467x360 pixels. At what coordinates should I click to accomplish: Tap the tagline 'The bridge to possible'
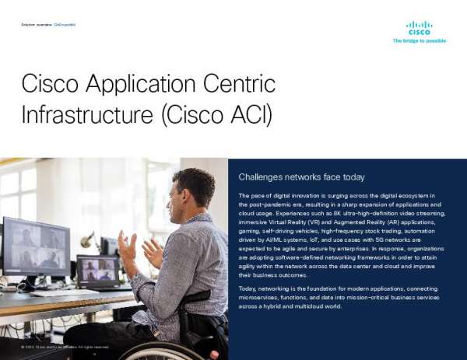point(419,40)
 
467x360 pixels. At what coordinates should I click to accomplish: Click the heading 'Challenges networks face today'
point(301,177)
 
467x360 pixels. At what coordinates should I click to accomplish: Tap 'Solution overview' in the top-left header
point(36,25)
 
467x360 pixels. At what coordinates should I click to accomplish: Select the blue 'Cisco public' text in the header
point(65,25)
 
